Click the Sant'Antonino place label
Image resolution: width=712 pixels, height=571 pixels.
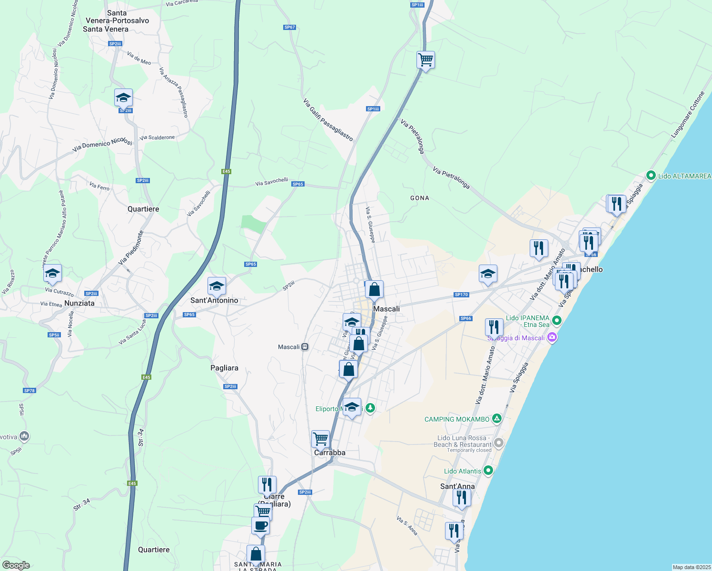214,300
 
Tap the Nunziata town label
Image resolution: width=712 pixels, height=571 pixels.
79,303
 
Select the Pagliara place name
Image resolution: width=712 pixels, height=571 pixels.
224,368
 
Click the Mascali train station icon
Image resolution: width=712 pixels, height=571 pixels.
305,347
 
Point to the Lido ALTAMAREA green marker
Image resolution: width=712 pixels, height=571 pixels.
651,176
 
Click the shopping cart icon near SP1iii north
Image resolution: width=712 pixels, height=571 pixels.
425,60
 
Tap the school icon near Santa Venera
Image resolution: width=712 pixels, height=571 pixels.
123,98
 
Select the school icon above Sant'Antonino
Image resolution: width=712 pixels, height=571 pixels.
217,286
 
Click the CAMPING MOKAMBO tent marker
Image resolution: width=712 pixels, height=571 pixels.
496,419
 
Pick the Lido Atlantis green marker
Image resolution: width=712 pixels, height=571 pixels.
488,471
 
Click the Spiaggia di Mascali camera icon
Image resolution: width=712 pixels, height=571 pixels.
552,338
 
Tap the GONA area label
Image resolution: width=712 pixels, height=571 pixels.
420,198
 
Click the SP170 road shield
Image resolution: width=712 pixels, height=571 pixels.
461,295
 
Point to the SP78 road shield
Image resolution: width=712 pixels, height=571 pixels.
30,391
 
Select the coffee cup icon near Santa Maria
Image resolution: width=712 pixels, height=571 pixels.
260,526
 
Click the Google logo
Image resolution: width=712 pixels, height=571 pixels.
16,565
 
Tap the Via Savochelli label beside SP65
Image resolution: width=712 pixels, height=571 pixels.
271,181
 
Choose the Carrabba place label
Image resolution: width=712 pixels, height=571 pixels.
330,453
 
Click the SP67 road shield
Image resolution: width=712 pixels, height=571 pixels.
289,27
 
